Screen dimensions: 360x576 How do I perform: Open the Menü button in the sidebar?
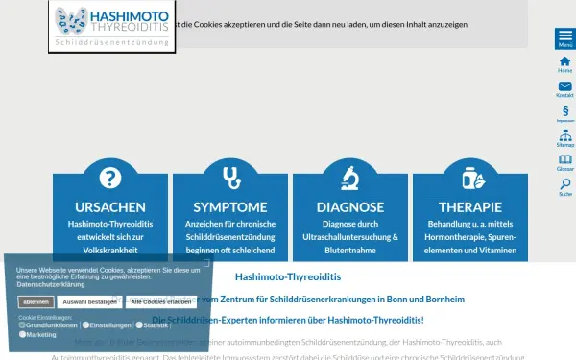tap(564, 38)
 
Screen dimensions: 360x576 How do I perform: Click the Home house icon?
tap(564, 64)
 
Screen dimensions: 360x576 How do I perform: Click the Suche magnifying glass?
tap(564, 185)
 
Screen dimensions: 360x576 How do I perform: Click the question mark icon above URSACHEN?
tap(110, 178)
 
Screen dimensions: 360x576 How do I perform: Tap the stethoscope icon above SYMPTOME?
tap(230, 178)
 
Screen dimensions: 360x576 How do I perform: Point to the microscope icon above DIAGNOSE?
tap(350, 178)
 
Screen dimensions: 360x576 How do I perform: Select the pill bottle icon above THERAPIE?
tap(470, 178)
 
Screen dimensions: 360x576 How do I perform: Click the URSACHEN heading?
tap(110, 207)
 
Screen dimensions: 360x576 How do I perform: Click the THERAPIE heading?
tap(470, 207)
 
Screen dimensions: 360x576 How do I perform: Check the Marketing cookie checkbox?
tap(22, 335)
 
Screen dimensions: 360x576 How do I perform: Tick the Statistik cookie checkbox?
tap(138, 325)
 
